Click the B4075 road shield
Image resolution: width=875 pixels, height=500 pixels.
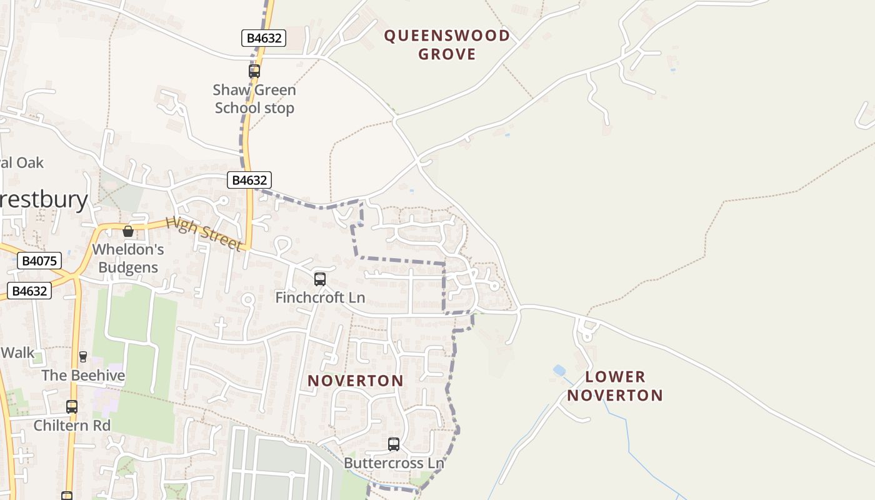[x=39, y=261]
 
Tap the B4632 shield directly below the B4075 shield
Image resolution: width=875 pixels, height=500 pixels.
[x=29, y=291]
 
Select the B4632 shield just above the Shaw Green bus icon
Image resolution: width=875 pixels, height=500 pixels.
[x=264, y=38]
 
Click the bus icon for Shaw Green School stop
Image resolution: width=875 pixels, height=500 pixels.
[x=254, y=71]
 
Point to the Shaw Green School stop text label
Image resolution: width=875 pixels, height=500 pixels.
[x=254, y=99]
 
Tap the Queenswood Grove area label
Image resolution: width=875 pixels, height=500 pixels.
[x=447, y=44]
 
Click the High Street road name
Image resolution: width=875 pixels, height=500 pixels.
[x=204, y=234]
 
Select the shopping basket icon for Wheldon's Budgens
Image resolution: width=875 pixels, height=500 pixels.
[x=128, y=231]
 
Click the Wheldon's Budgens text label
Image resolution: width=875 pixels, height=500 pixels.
[x=127, y=258]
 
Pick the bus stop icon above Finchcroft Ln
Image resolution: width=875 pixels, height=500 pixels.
[x=320, y=279]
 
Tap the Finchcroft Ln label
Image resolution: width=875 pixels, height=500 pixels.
[x=320, y=297]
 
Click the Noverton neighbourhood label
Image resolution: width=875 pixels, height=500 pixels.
[x=355, y=381]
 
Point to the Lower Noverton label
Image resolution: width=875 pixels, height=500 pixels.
[x=615, y=386]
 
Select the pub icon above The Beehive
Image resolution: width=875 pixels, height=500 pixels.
[x=82, y=356]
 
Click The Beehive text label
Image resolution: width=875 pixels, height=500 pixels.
[x=83, y=376]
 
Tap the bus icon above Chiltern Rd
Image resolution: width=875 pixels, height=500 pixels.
[x=72, y=406]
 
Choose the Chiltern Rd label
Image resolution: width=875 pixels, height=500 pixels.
[x=72, y=426]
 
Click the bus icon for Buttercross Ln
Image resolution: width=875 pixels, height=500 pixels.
[x=394, y=444]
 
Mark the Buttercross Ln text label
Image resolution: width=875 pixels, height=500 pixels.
[x=394, y=463]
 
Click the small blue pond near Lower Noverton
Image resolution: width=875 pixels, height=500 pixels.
[x=559, y=371]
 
